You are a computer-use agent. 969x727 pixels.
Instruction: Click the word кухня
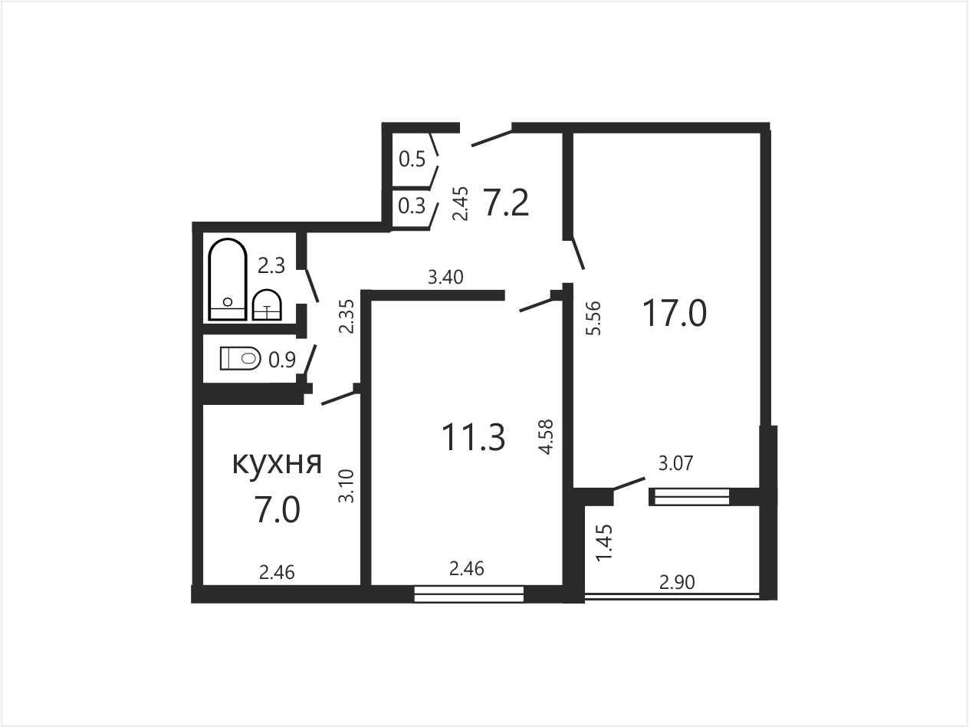pos(277,463)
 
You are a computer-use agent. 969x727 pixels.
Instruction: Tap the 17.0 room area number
pos(674,313)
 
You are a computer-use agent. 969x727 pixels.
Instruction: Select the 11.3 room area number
pos(473,437)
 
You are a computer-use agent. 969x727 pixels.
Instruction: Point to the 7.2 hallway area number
pos(507,203)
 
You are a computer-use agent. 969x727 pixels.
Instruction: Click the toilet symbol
pos(240,358)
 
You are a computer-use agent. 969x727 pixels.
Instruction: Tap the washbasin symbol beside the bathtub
pos(267,304)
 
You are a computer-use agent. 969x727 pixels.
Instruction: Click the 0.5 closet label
pos(412,159)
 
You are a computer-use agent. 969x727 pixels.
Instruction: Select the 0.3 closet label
pos(412,206)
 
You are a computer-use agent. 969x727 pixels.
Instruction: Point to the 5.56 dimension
pos(594,317)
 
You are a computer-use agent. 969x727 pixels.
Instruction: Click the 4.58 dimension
pos(546,436)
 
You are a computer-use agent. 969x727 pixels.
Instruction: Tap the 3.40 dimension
pos(446,277)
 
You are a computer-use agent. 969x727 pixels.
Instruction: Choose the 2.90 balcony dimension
pos(677,583)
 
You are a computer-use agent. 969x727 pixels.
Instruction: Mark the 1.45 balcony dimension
pos(604,543)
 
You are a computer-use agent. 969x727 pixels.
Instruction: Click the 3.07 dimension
pos(676,463)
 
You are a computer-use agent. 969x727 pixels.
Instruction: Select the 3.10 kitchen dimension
pos(346,486)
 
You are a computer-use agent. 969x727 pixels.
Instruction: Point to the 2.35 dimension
pos(346,317)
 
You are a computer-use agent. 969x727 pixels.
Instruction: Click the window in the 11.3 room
pos(469,594)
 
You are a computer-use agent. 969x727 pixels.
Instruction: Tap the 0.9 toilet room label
pos(282,360)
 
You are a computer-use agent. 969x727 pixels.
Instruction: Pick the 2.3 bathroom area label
pos(271,266)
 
